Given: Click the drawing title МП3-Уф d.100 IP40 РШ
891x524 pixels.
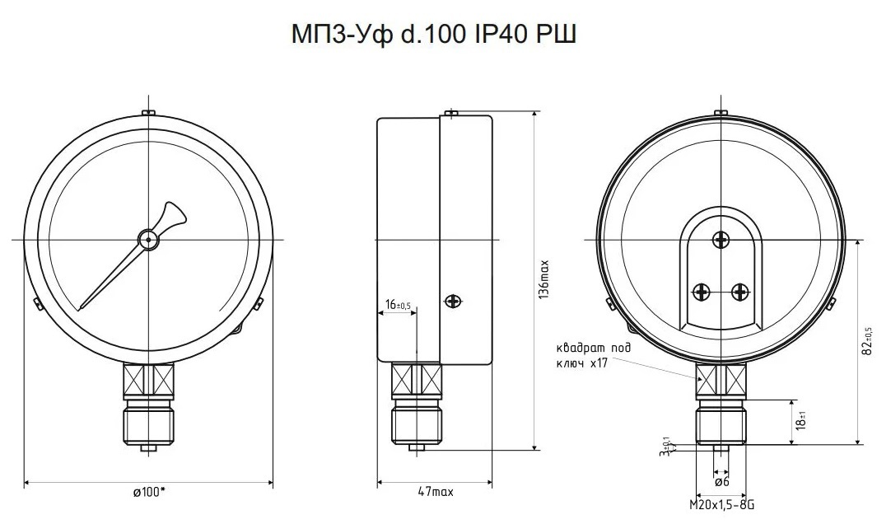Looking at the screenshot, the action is click(x=434, y=35).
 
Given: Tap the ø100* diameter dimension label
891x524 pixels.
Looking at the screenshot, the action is click(x=149, y=492).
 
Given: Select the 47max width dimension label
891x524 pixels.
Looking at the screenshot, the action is click(x=436, y=492).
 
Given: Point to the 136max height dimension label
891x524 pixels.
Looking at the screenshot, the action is click(x=543, y=279).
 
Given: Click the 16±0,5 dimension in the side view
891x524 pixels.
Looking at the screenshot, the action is click(x=397, y=305).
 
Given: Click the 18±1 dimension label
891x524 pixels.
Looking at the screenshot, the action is click(x=801, y=422).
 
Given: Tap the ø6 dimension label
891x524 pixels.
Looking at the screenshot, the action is click(x=721, y=482).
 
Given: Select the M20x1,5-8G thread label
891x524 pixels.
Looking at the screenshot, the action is click(x=721, y=505).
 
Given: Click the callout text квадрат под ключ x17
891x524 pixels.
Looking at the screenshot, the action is click(x=593, y=355).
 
